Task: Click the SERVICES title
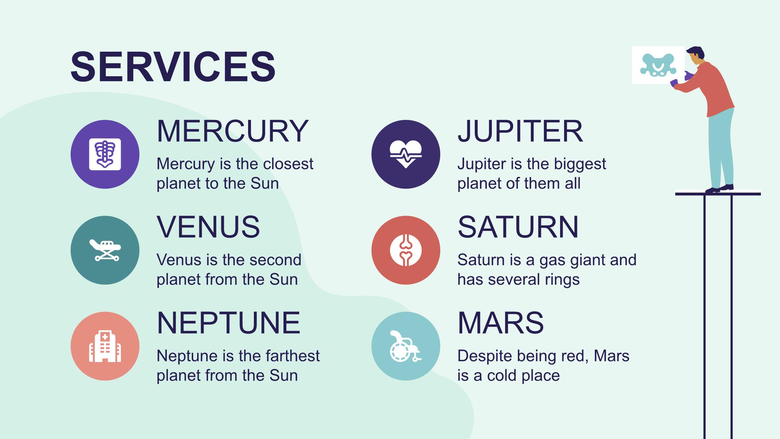[173, 67]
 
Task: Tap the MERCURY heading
[233, 131]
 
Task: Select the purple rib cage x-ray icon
[105, 154]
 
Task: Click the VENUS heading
[208, 227]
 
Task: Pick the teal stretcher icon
[105, 250]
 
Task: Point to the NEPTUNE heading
[229, 323]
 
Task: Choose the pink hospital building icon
[105, 346]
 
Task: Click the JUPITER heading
[520, 131]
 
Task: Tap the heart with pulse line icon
[406, 154]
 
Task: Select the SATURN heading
[518, 227]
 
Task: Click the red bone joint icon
[406, 250]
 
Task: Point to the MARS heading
[501, 323]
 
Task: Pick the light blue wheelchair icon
[406, 346]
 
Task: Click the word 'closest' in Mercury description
[288, 164]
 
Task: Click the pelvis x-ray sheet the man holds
[658, 65]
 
